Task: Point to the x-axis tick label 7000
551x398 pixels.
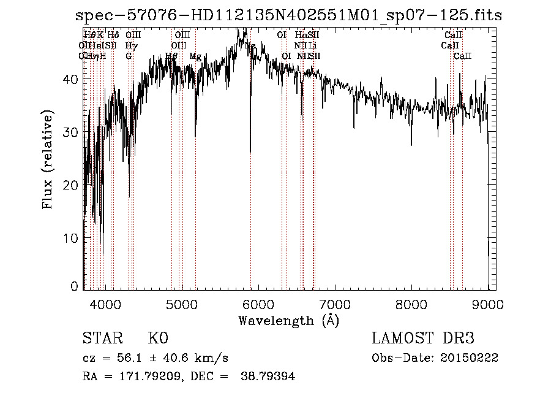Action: (x=334, y=304)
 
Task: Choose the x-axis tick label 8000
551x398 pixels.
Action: (x=411, y=304)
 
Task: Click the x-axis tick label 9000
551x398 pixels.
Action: (x=487, y=304)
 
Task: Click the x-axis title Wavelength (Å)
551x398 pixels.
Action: (x=288, y=320)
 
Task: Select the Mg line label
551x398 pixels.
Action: (x=195, y=56)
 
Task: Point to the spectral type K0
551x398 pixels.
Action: (x=158, y=339)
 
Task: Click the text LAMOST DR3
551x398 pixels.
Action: (x=423, y=339)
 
